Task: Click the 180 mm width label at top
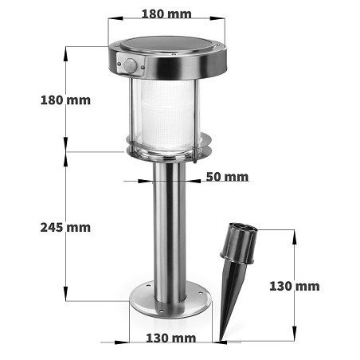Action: click(x=166, y=14)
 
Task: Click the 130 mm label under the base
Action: click(x=170, y=338)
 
